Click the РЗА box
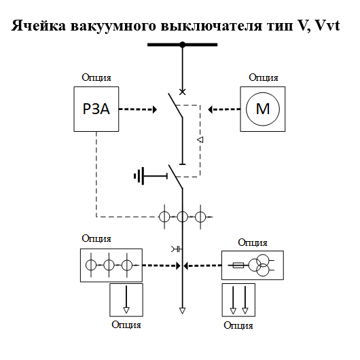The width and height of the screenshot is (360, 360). click(97, 109)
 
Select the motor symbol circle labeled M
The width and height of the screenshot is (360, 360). click(262, 109)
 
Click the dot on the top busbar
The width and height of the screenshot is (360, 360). click(182, 45)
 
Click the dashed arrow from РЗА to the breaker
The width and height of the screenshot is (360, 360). click(139, 109)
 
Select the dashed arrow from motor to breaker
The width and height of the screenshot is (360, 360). click(223, 109)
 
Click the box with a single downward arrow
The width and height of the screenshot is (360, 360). click(126, 300)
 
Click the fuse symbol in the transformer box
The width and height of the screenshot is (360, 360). click(238, 266)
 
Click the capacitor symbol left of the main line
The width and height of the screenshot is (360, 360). click(175, 249)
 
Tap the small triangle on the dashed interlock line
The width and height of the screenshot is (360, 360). click(200, 140)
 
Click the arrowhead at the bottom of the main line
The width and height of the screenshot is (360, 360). click(182, 312)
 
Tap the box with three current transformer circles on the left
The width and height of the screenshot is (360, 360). click(111, 266)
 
